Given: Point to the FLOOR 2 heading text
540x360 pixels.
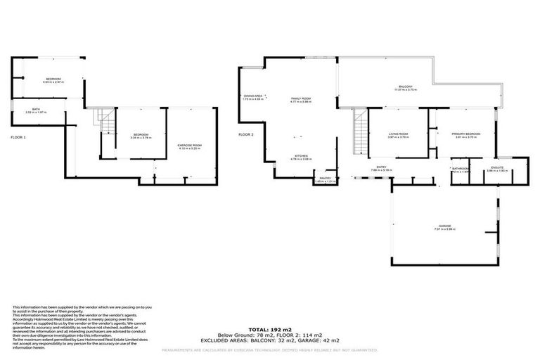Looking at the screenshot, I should pos(245,134).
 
